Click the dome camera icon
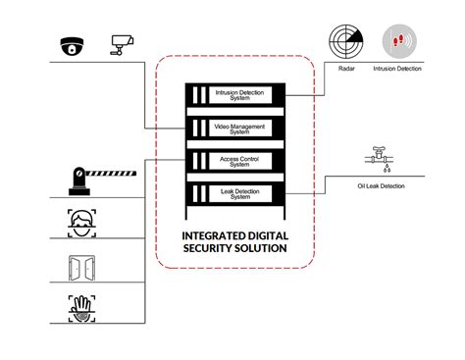click(x=73, y=45)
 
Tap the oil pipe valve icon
click(x=380, y=158)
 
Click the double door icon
click(x=79, y=267)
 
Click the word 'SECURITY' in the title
click(x=205, y=249)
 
